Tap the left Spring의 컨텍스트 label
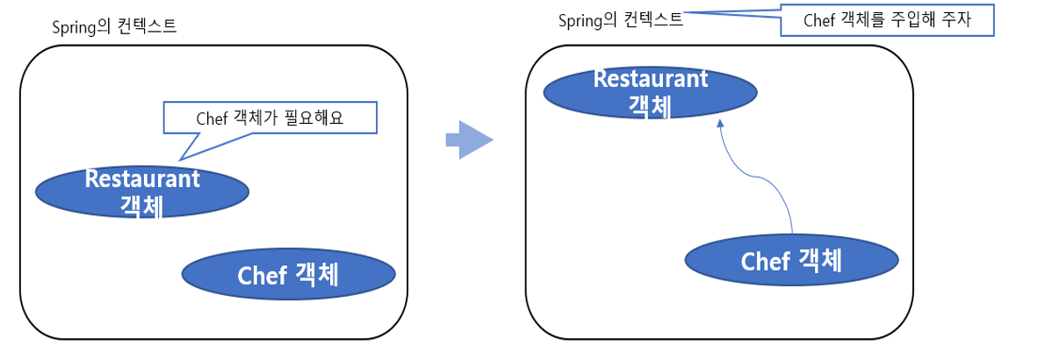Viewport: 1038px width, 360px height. pos(115,25)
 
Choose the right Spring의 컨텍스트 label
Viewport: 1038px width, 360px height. pos(620,19)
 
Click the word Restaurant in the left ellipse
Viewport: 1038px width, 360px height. pos(142,178)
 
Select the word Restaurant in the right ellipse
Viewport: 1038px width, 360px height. pos(651,78)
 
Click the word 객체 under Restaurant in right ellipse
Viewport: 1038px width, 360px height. pos(651,105)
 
